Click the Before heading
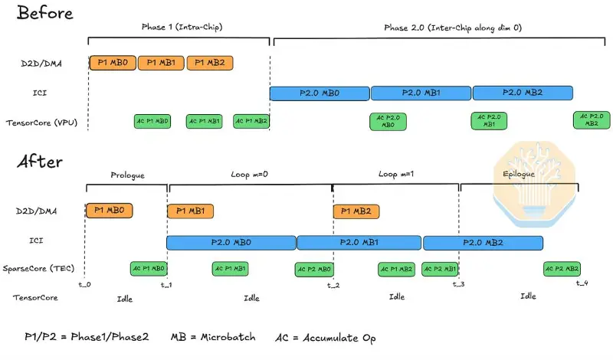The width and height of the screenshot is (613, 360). [45, 13]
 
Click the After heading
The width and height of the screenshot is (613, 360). [40, 161]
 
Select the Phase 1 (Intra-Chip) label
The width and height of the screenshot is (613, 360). [182, 27]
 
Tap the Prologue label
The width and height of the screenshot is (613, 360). [127, 175]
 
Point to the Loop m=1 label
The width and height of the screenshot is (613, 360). [395, 174]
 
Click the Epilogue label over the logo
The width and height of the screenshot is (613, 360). [519, 174]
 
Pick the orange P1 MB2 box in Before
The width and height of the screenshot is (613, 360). [210, 63]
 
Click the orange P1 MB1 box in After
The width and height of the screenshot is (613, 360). [190, 211]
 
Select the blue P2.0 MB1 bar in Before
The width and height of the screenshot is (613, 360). [421, 93]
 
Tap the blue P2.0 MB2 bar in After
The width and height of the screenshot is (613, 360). [483, 243]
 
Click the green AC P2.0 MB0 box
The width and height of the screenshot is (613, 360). [388, 121]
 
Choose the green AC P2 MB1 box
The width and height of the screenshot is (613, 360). [440, 269]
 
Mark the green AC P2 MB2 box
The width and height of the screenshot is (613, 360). [562, 269]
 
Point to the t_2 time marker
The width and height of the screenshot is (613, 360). [333, 286]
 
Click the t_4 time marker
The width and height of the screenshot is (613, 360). [582, 283]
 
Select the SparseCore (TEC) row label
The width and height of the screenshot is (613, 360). [38, 269]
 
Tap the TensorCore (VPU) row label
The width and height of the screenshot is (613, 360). [41, 123]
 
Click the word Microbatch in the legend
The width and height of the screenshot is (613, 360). [228, 337]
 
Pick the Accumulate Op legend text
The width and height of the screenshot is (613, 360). [339, 338]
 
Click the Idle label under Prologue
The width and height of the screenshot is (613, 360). [125, 299]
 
